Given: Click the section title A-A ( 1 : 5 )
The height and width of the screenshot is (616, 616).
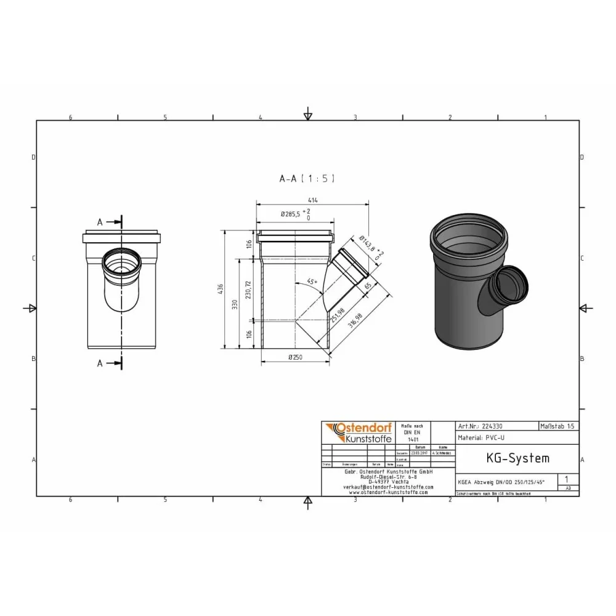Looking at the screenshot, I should (307, 179).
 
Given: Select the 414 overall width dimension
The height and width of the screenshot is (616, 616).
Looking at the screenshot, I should (313, 200).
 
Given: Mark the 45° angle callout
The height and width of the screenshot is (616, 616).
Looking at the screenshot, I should (311, 282).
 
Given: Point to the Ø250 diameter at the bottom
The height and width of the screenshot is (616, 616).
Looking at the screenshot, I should (296, 357).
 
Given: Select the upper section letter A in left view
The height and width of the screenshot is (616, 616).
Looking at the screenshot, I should (99, 222).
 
